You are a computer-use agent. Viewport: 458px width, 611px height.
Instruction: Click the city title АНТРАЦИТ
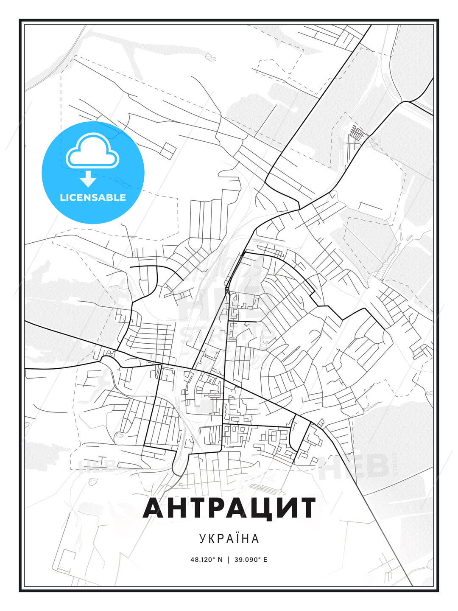[229, 508]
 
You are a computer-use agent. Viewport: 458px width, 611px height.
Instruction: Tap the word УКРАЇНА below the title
[229, 538]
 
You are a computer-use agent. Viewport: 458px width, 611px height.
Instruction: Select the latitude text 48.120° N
[207, 559]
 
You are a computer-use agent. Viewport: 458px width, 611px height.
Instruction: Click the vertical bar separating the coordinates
[229, 559]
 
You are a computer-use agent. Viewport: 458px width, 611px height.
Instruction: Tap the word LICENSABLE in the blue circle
[93, 197]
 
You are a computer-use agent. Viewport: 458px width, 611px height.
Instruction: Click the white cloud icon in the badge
[92, 151]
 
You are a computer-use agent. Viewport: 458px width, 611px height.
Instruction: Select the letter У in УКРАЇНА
[203, 538]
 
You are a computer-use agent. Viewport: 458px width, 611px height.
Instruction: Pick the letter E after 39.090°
[265, 559]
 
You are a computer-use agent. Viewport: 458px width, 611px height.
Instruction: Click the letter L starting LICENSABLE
[62, 197]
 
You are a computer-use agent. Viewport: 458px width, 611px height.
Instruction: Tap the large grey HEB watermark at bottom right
[354, 466]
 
